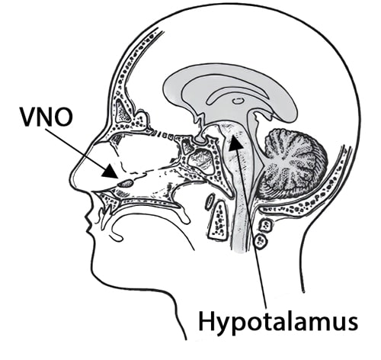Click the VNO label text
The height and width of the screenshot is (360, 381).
click(x=46, y=117)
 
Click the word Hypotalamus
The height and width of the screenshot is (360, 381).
click(x=278, y=322)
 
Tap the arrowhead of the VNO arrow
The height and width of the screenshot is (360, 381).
click(x=110, y=171)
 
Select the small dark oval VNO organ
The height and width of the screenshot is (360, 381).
click(x=126, y=183)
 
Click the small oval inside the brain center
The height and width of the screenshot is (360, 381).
click(x=238, y=101)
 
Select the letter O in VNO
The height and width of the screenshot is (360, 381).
click(x=63, y=117)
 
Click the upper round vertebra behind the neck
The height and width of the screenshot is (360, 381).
click(x=266, y=225)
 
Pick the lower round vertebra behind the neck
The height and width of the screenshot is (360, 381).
click(x=261, y=241)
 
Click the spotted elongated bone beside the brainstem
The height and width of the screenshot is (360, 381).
click(x=219, y=219)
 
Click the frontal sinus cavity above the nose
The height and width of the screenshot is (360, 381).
click(x=123, y=110)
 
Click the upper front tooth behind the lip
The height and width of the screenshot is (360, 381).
click(x=107, y=211)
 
